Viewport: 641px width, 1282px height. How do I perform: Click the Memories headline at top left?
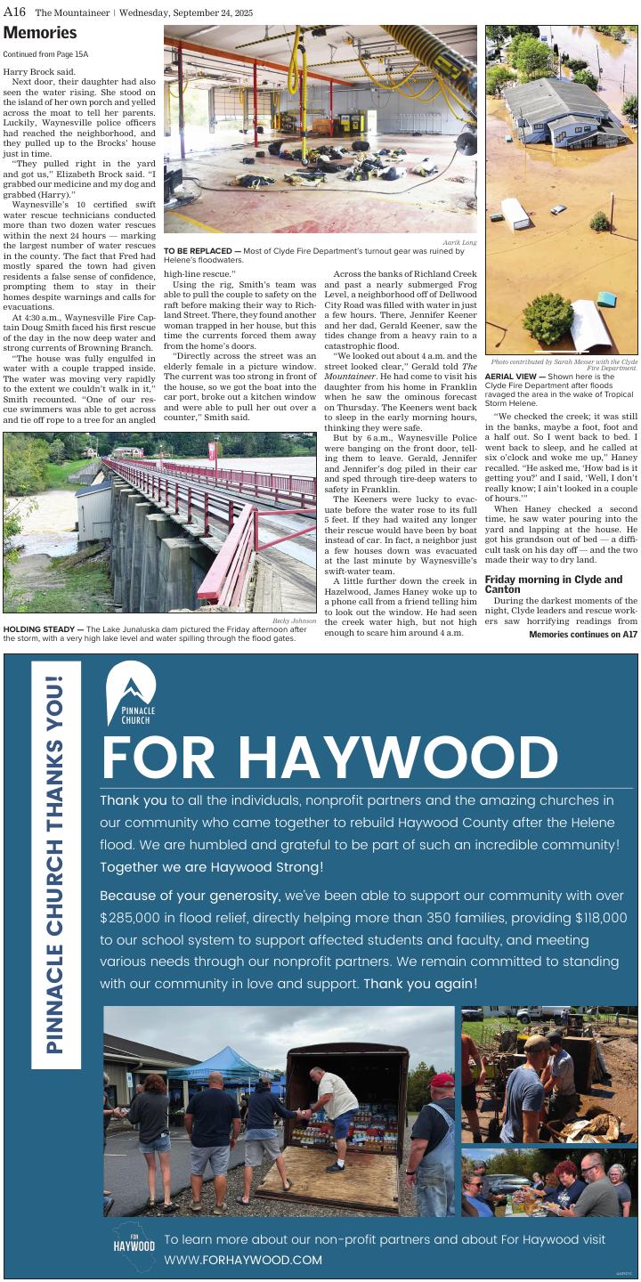point(40,33)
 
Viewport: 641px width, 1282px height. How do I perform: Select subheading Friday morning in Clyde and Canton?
point(553,584)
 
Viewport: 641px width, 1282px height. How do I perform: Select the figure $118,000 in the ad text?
point(601,917)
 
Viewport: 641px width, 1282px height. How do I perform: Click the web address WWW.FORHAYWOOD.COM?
point(243,1260)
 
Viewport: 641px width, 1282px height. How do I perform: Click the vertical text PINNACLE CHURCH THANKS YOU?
point(55,864)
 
